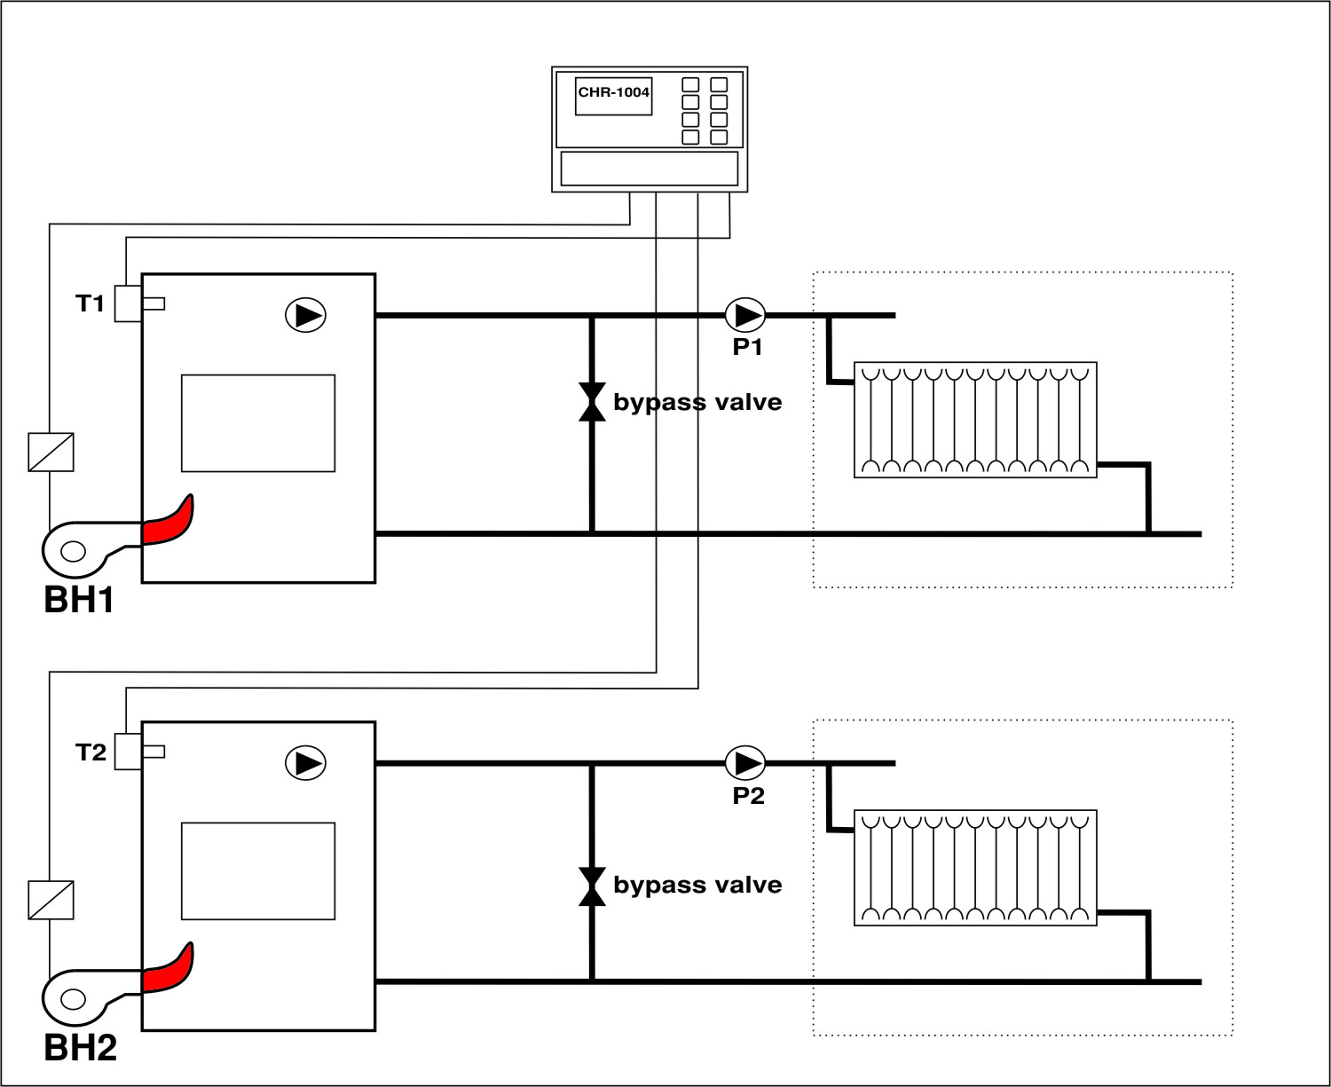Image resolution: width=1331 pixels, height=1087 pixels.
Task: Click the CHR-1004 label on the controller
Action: click(613, 92)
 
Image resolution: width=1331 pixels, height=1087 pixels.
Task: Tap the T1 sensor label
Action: click(90, 303)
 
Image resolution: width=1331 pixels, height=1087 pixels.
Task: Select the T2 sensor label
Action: click(91, 752)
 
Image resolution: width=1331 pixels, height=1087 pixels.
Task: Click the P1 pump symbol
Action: click(744, 315)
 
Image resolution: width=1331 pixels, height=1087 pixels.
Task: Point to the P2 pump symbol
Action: click(744, 763)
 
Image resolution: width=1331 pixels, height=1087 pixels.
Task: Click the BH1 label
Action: click(79, 601)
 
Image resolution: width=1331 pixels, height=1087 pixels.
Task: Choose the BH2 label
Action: click(80, 1049)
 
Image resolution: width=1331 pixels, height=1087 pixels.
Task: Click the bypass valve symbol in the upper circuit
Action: click(592, 402)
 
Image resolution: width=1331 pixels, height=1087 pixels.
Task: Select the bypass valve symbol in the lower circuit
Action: click(592, 886)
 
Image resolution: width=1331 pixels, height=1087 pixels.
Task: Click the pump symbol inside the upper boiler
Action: click(305, 315)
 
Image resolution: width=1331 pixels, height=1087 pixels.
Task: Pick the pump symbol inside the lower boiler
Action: click(305, 763)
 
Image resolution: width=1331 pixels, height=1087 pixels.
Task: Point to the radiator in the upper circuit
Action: click(975, 420)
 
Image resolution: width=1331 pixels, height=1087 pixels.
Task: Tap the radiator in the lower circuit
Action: click(975, 868)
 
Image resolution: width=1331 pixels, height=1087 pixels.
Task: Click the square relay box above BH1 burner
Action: click(51, 452)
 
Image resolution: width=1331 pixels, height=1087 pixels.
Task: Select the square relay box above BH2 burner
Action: click(51, 900)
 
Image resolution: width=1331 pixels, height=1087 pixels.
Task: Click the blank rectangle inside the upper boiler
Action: click(258, 423)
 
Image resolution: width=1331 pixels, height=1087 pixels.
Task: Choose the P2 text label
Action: click(748, 796)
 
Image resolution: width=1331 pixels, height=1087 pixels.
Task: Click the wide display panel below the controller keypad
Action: click(650, 169)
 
